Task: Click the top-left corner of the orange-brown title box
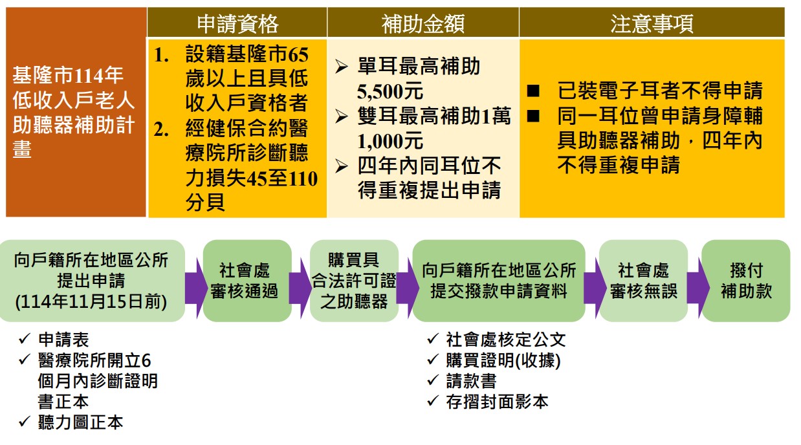coord(6,8)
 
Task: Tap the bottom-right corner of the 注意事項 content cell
coord(785,217)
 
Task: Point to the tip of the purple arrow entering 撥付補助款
coord(710,287)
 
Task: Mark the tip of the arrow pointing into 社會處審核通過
coord(208,288)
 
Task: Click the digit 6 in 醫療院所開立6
coord(146,360)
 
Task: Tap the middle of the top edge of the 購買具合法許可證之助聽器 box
coord(354,240)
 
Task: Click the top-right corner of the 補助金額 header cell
coord(518,8)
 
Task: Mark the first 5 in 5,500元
coord(362,92)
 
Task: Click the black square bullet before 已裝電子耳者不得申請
coord(533,91)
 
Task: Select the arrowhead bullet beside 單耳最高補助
coord(342,67)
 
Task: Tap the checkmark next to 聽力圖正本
coord(25,421)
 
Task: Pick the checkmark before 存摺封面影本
coord(433,400)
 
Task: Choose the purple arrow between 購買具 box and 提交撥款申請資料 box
coord(408,288)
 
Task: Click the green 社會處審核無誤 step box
coord(643,281)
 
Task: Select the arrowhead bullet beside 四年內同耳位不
coord(342,166)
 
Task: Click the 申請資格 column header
coord(238,23)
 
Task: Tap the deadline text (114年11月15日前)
coord(91,301)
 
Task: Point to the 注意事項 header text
coord(652,23)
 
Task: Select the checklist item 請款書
coord(471,381)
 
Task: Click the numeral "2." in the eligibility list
coord(161,129)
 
